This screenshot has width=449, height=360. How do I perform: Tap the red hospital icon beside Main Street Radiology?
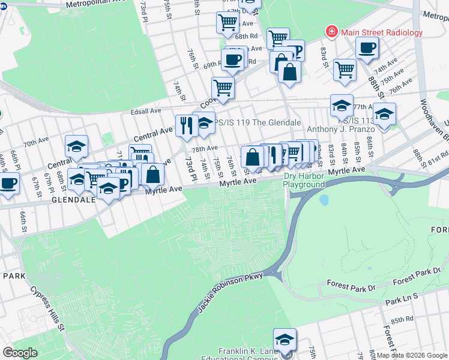click(330, 31)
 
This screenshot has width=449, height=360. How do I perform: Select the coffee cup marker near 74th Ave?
click(366, 48)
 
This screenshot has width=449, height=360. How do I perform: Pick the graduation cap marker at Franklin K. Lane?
click(285, 339)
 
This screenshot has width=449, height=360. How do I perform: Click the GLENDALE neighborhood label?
click(73, 200)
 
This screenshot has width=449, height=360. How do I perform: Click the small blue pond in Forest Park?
click(325, 200)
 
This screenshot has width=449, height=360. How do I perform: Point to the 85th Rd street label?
click(402, 320)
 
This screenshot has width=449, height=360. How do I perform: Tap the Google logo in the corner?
click(20, 353)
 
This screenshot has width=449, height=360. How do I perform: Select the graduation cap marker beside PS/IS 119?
click(204, 122)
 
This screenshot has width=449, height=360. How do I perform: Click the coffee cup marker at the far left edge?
click(8, 183)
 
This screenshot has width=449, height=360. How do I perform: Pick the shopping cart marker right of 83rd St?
click(345, 70)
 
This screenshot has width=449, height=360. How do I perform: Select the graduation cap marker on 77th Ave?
click(342, 106)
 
